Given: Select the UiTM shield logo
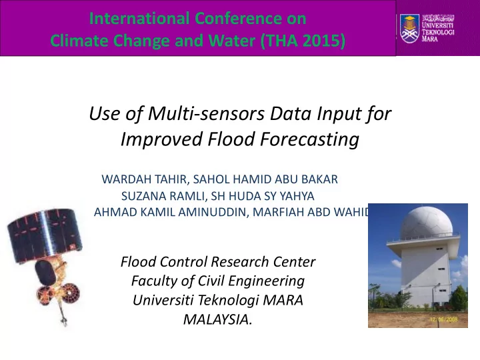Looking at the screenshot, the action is point(409,29).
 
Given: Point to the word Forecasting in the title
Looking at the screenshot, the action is point(310,139).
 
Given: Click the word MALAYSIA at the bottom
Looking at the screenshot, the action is point(217,319).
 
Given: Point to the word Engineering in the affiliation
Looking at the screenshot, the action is point(266,281).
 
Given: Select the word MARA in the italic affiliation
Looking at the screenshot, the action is point(283,300).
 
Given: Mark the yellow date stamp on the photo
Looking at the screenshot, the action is point(443,319).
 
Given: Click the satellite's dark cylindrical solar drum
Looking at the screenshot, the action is point(45,235).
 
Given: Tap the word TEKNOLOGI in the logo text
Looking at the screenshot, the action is point(438,32).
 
